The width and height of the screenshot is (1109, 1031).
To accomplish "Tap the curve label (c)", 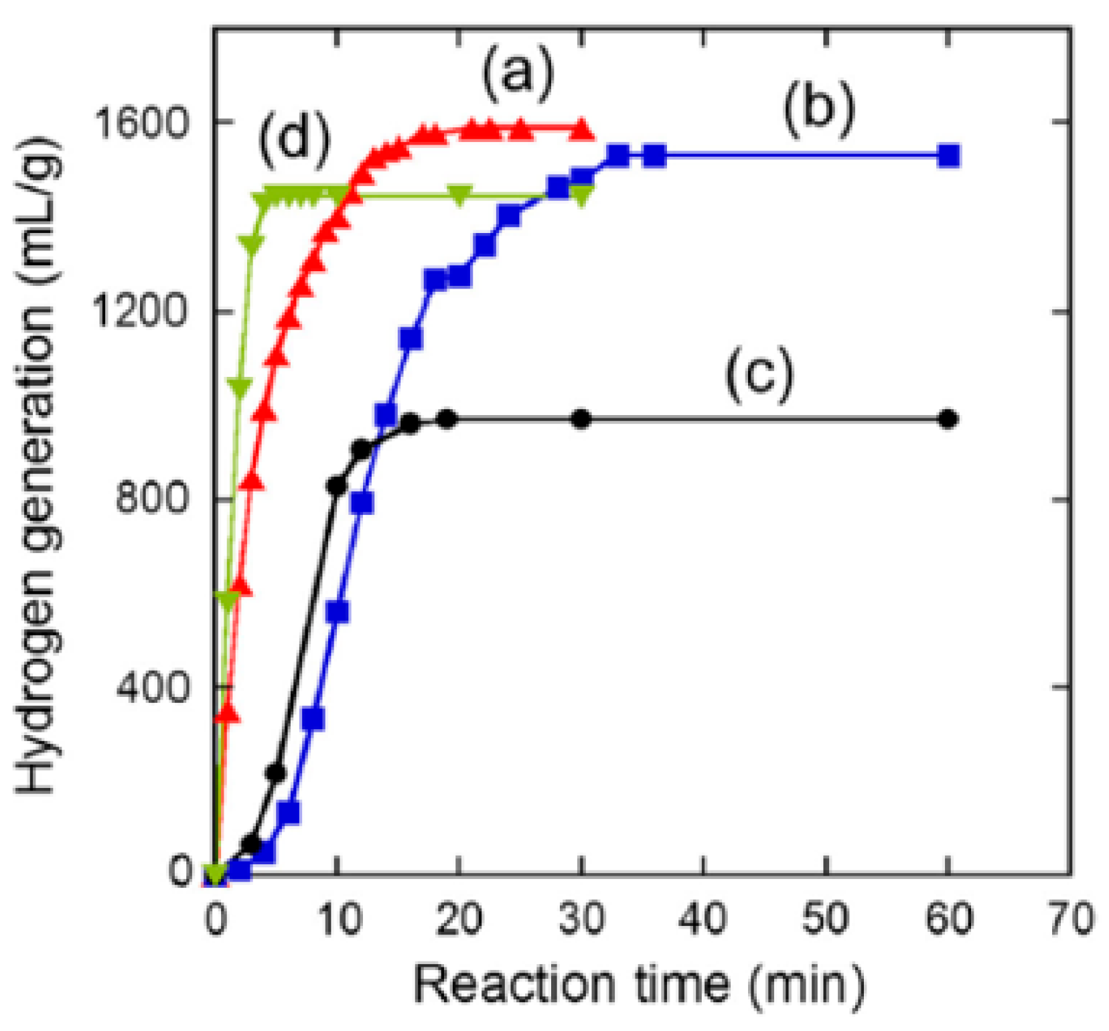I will click(759, 375).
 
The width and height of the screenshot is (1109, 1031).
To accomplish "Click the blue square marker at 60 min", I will click(948, 156).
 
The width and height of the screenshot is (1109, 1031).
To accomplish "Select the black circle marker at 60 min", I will click(948, 420).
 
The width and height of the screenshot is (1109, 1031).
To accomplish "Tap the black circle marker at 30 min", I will click(582, 420).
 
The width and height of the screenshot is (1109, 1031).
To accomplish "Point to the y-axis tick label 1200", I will click(139, 311).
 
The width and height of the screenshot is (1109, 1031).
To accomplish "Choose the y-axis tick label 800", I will click(151, 499).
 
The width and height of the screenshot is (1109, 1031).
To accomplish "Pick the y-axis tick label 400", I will click(151, 687).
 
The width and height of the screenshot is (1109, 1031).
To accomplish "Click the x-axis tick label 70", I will click(1070, 919).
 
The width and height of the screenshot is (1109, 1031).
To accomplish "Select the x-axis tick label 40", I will click(703, 919).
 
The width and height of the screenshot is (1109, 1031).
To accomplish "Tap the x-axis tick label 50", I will click(826, 919).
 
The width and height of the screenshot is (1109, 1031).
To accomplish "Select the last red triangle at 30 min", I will click(581, 129).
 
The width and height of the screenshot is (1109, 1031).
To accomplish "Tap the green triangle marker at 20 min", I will click(459, 193).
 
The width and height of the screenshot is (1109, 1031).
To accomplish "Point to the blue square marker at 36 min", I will click(654, 156).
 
